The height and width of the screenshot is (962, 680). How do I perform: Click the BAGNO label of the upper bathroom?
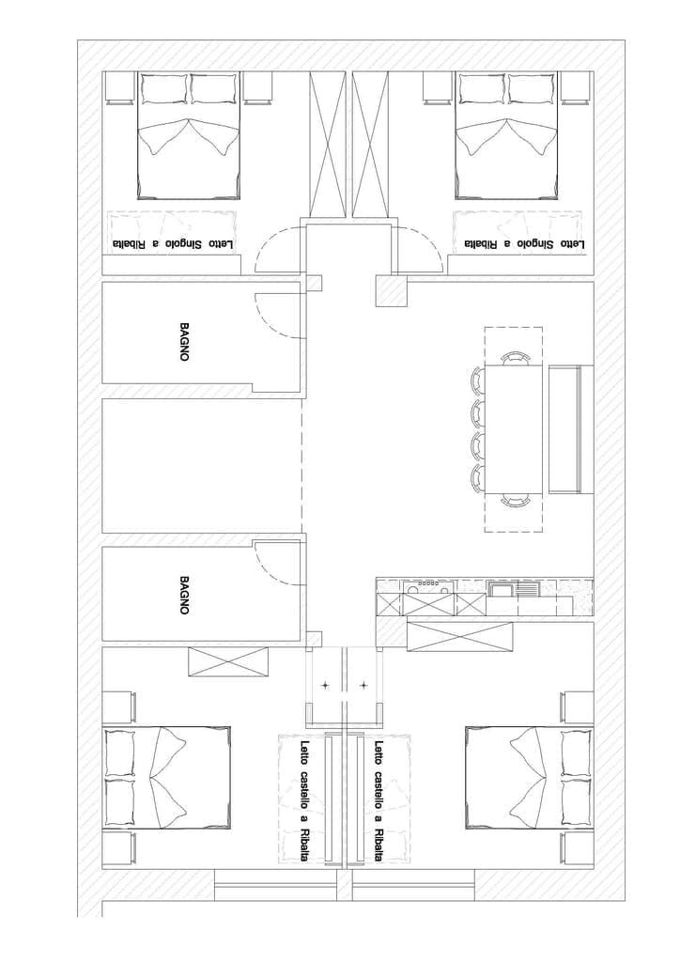tap(183, 342)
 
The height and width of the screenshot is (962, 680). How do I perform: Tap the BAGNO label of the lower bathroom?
tap(183, 595)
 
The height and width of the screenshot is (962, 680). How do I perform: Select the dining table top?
tap(514, 428)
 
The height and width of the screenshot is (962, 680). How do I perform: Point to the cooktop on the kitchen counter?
tap(428, 588)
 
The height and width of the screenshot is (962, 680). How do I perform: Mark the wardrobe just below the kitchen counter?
tap(459, 637)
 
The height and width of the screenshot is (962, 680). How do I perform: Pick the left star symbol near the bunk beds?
tap(326, 685)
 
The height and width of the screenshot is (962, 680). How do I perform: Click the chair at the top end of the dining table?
tap(514, 358)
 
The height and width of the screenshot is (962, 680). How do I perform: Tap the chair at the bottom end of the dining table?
tap(514, 501)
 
